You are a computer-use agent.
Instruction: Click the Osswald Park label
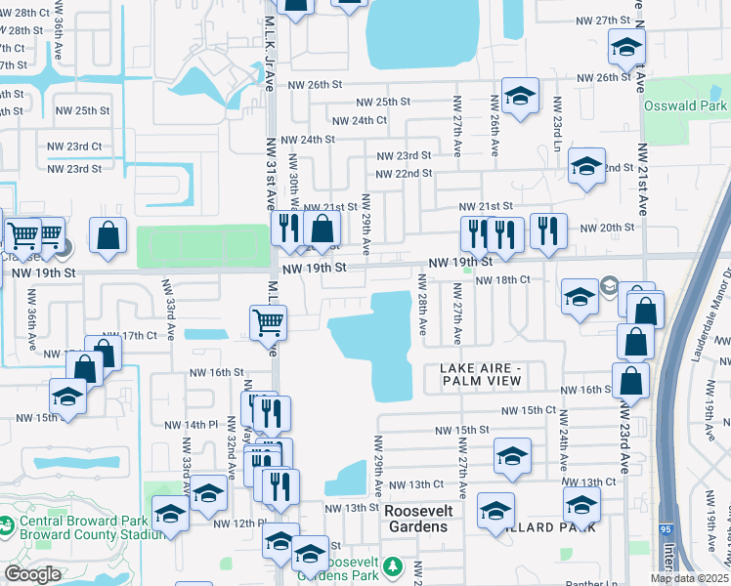(x=685, y=105)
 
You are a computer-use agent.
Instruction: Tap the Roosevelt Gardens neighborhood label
(x=415, y=519)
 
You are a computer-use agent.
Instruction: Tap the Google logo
(x=32, y=574)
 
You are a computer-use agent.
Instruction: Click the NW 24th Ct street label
(x=360, y=120)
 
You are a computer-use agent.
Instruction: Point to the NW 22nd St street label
(x=405, y=173)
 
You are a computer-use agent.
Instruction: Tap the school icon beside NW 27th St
(x=626, y=45)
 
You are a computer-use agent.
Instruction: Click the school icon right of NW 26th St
(x=521, y=95)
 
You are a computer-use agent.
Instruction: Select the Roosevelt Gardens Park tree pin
(x=393, y=567)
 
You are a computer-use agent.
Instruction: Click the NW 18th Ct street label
(x=502, y=279)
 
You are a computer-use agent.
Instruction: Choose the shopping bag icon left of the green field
(x=107, y=234)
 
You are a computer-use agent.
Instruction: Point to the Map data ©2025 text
(x=689, y=578)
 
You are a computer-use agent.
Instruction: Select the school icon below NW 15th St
(x=512, y=456)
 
